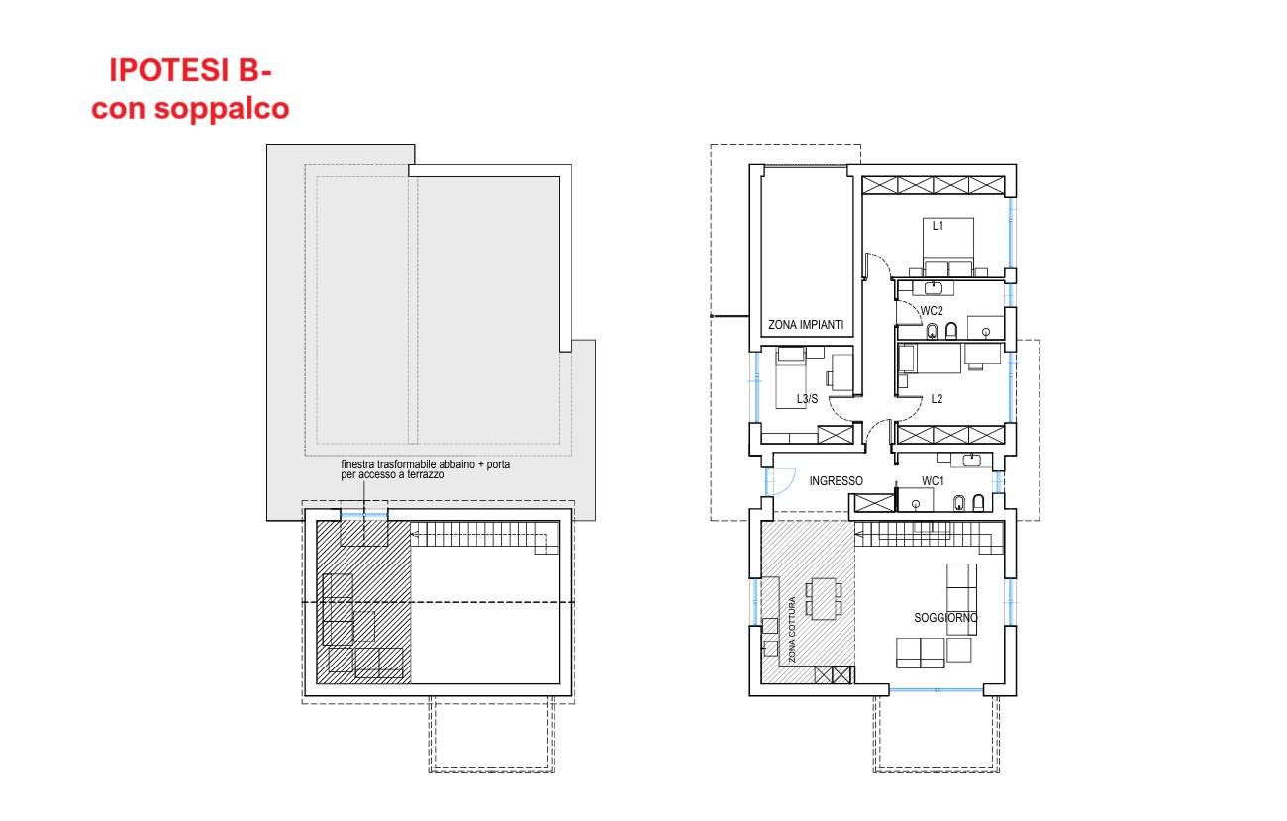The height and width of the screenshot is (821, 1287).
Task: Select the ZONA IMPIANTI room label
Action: point(806,325)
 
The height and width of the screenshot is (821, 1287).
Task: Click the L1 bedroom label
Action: point(938,226)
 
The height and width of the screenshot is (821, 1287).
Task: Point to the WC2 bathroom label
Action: point(932,311)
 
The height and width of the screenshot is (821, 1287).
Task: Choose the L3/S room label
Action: point(807,399)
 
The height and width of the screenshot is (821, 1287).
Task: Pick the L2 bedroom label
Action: point(937,399)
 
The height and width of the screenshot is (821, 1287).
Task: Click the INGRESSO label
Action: point(836,481)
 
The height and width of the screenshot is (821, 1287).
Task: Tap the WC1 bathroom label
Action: point(933,481)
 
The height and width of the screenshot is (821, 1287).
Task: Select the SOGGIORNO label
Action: point(945,618)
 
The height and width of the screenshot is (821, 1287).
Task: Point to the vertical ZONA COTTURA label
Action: point(792,629)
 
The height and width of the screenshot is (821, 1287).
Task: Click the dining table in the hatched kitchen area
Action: point(824,598)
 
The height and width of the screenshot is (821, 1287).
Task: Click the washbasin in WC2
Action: point(934,287)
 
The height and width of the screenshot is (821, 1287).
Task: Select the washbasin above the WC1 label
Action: point(971,460)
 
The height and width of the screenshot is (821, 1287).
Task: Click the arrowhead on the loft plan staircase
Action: point(414,535)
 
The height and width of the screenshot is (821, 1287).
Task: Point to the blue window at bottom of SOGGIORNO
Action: point(937,689)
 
